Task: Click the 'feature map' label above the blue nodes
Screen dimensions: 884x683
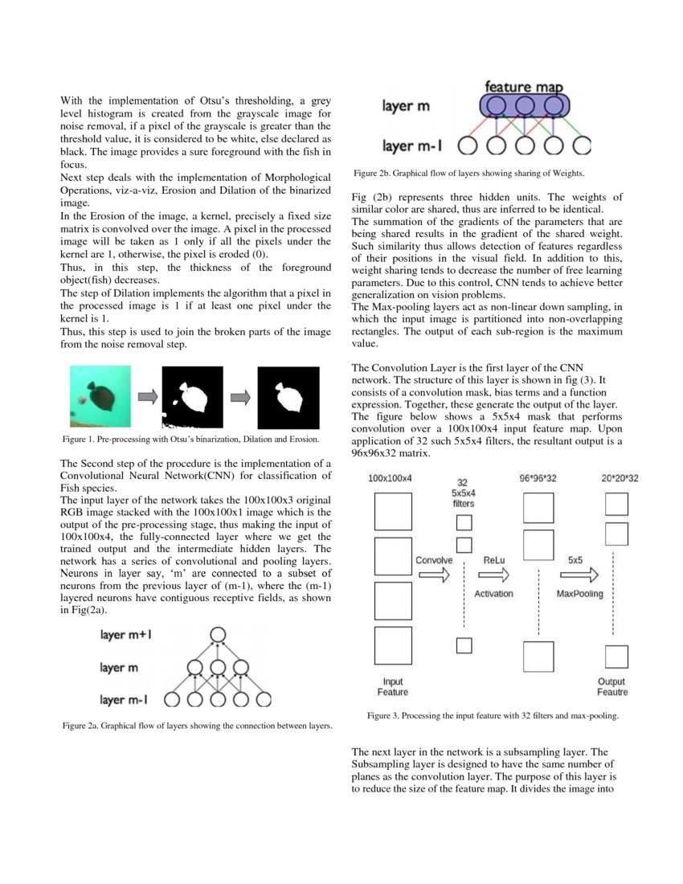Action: click(x=523, y=86)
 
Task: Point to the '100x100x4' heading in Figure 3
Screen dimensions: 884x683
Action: click(x=391, y=478)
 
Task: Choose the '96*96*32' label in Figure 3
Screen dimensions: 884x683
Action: click(x=538, y=478)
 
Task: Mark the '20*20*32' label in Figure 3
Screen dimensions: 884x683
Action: click(x=620, y=478)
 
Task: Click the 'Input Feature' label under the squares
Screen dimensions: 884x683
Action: click(x=393, y=686)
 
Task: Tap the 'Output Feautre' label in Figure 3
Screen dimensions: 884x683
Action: click(x=612, y=686)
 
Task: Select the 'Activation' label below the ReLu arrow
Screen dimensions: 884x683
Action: click(x=494, y=594)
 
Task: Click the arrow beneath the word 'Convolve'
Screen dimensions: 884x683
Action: click(x=434, y=575)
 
